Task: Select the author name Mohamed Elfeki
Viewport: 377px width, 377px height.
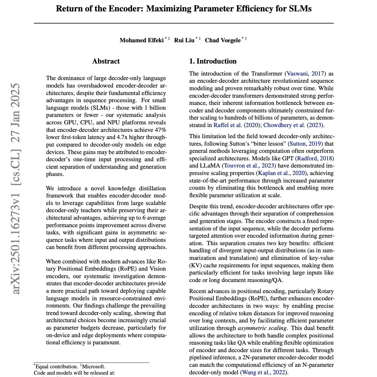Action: pos(141,40)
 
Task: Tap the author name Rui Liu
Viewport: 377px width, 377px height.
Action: pos(184,40)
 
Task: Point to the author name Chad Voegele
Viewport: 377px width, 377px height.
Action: pos(222,40)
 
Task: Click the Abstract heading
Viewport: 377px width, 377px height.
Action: pos(106,61)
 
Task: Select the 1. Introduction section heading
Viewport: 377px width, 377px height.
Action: pos(213,61)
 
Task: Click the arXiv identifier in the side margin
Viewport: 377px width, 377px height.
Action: pos(16,189)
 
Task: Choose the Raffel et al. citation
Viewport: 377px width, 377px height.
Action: pos(228,125)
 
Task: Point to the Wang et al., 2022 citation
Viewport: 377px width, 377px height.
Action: pos(264,373)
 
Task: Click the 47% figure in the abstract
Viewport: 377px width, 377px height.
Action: pos(160,130)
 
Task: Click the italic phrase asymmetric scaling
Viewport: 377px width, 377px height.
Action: pos(262,328)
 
